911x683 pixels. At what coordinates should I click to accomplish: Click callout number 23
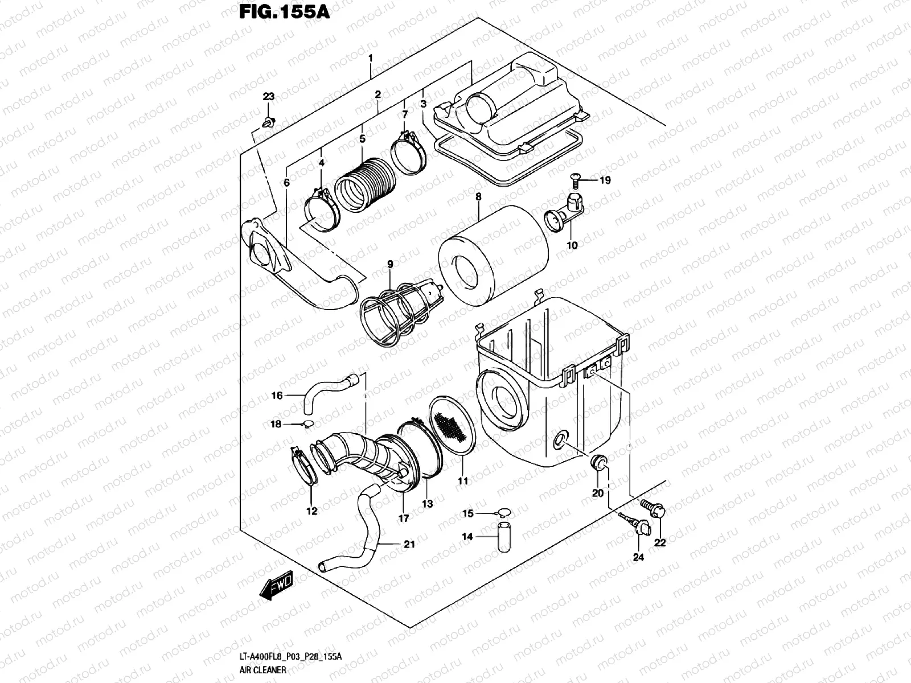pyautogui.click(x=268, y=97)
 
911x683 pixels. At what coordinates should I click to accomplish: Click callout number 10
pyautogui.click(x=572, y=245)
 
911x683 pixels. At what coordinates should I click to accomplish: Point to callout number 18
pyautogui.click(x=276, y=425)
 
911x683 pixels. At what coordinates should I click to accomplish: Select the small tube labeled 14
pyautogui.click(x=503, y=536)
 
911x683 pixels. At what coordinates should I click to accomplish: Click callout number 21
pyautogui.click(x=409, y=544)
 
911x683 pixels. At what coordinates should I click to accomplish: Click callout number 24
pyautogui.click(x=638, y=557)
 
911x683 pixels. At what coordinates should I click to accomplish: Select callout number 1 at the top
pyautogui.click(x=371, y=59)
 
